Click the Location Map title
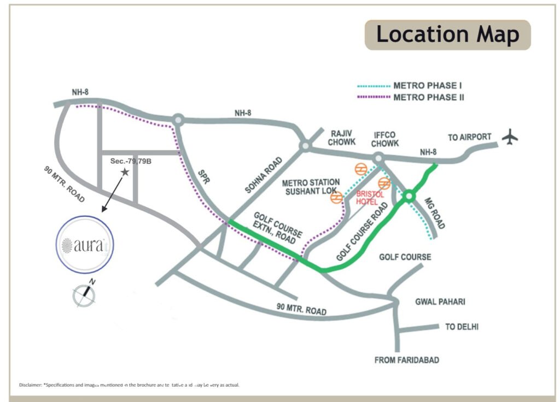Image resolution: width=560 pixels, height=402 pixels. click(447, 35)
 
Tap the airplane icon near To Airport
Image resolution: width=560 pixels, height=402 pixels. click(510, 137)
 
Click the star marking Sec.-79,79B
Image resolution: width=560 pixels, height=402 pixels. click(125, 172)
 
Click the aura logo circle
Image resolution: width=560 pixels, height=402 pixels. click(85, 244)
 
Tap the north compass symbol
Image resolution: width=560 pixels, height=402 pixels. click(85, 293)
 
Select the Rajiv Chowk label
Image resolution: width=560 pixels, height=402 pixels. click(335, 139)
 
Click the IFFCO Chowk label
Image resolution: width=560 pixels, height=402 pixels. click(386, 139)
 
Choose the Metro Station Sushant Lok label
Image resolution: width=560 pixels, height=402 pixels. click(311, 187)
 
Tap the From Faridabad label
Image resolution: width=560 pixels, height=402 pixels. click(406, 360)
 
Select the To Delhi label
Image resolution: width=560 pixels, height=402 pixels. click(462, 327)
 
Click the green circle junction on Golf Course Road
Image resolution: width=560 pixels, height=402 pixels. click(409, 197)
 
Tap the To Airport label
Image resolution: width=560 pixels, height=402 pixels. click(469, 137)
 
